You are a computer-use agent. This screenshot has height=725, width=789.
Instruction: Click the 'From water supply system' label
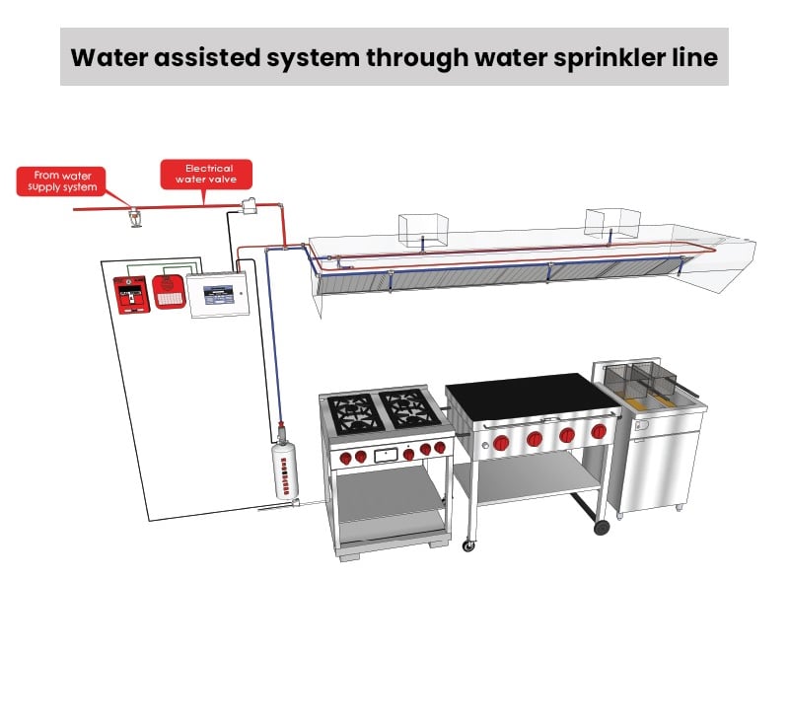coord(61,181)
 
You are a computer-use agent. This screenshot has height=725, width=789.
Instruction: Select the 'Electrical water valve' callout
coord(206,174)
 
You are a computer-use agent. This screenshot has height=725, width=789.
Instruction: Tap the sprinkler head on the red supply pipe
coord(135,218)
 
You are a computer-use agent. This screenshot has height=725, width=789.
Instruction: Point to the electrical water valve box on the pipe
coord(249,206)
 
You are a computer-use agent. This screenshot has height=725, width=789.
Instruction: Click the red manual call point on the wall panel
coord(131,294)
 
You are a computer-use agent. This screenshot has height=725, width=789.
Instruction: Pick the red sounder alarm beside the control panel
coord(169,291)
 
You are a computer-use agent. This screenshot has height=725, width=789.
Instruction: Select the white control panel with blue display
coord(218,295)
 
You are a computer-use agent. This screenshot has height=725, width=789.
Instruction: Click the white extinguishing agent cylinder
coord(285,470)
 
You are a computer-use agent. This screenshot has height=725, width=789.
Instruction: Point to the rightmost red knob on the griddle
coord(599,431)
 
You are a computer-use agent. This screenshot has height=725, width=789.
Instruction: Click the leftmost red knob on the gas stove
coord(346,458)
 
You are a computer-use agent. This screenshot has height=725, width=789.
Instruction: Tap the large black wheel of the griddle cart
coord(602,528)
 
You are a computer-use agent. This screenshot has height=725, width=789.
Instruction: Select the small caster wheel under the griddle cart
coord(468,545)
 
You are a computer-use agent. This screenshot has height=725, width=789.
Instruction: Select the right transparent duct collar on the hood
coord(612,222)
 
